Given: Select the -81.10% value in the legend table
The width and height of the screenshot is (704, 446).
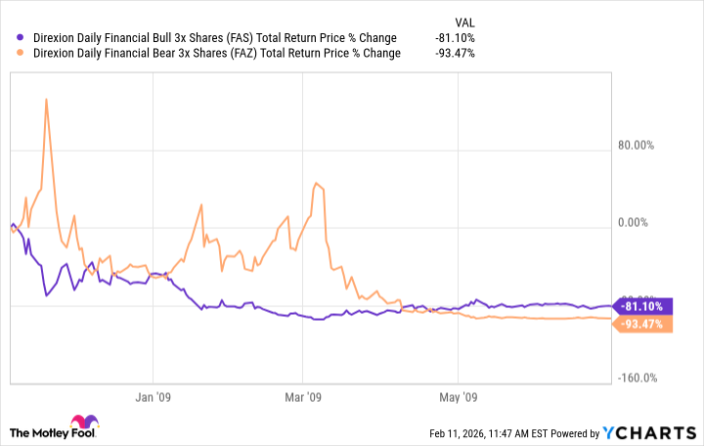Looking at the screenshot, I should click(x=455, y=38).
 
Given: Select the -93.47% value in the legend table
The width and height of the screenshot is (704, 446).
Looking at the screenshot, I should click(x=455, y=53).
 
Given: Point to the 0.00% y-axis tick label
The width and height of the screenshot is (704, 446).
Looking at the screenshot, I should click(x=636, y=224).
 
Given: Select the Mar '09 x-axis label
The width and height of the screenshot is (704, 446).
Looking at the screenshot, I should click(x=302, y=398).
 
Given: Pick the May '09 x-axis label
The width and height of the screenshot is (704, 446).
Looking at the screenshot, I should click(x=457, y=398).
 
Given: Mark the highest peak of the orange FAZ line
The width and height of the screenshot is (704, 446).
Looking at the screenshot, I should click(x=46, y=99).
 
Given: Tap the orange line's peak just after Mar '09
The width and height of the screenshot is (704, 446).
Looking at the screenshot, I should click(x=314, y=183).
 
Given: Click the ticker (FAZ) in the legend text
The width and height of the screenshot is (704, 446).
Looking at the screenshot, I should click(x=239, y=53).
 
